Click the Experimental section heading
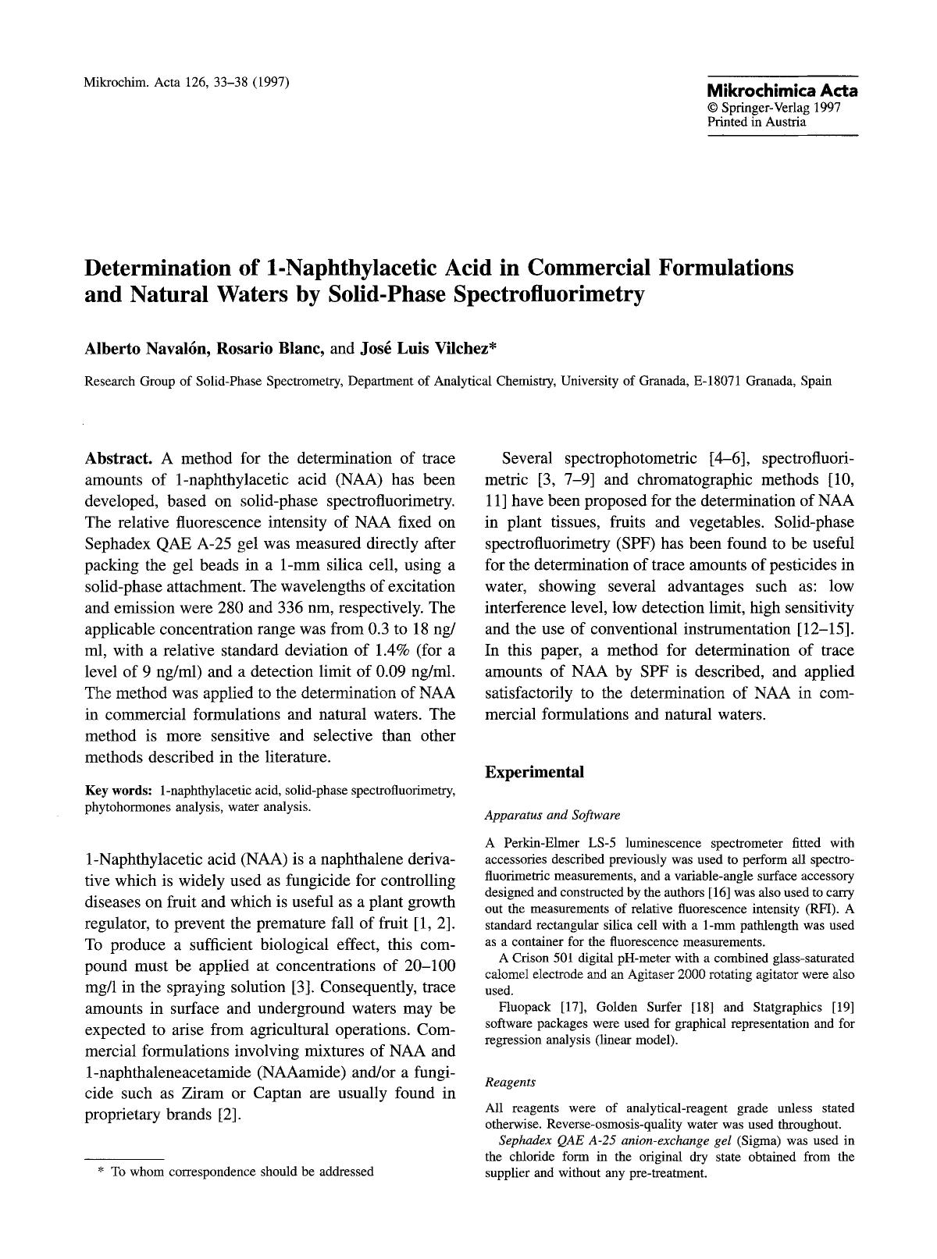tap(534, 772)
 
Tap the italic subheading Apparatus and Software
tap(552, 815)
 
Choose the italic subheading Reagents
tap(510, 1082)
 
